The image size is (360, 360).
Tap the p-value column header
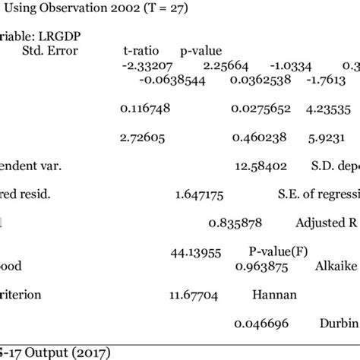point(198,49)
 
